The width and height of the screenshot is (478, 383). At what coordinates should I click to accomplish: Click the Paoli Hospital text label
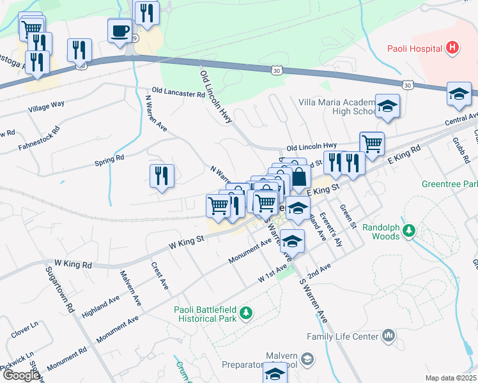tap(415, 49)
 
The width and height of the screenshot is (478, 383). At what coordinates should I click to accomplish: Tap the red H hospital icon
tap(452, 47)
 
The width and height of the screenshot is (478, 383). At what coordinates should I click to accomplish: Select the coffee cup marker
tap(119, 31)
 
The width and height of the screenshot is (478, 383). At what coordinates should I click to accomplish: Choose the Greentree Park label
tap(449, 183)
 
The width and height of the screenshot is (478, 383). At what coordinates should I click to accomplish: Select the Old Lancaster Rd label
tap(178, 93)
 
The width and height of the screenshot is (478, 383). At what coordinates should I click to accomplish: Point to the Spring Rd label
tap(110, 158)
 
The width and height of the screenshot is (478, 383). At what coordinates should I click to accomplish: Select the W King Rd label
tap(73, 263)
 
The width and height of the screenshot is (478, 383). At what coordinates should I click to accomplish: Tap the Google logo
tap(21, 375)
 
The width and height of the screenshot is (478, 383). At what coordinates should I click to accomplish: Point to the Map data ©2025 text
tap(450, 378)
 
